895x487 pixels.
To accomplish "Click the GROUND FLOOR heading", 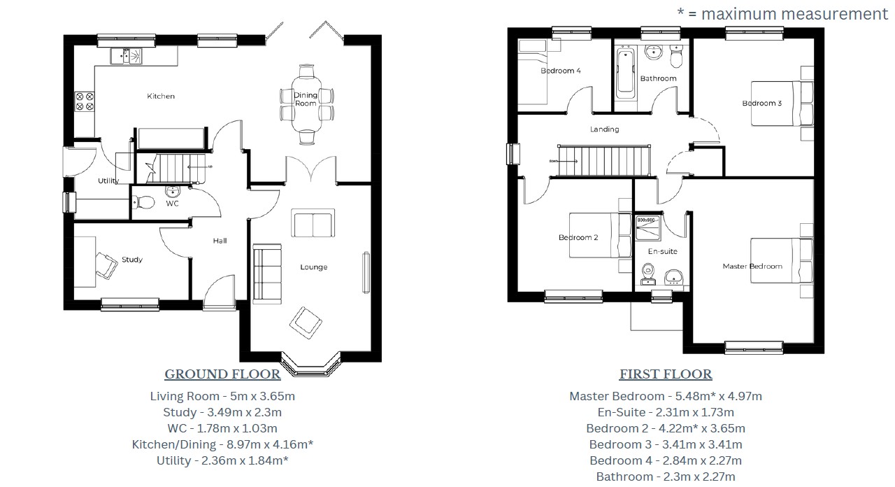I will (222, 374).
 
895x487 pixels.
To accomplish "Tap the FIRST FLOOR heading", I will (666, 374).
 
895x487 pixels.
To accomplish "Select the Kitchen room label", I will (161, 96).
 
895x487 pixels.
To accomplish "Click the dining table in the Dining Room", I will (306, 104).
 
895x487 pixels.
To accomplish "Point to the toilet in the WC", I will (145, 202).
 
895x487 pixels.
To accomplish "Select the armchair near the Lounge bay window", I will (307, 321).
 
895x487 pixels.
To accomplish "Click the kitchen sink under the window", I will (126, 55).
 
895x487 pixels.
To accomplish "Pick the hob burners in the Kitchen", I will (84, 101).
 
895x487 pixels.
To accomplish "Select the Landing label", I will (604, 129).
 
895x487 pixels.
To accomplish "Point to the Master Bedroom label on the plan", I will (752, 267).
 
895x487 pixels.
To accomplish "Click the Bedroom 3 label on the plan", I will (761, 104).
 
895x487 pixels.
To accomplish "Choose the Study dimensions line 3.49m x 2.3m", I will (222, 412).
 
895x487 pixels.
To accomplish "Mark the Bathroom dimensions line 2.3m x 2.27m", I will (666, 477).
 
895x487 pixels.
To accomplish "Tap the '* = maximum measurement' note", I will (782, 13).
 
